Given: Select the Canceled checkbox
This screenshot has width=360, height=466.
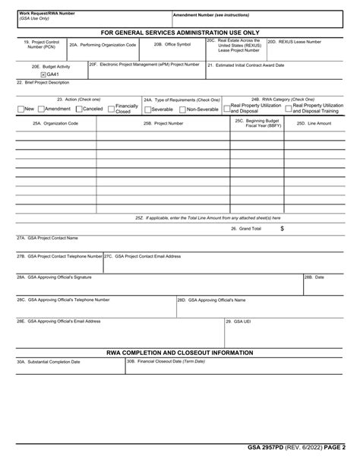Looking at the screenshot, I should click(80, 109).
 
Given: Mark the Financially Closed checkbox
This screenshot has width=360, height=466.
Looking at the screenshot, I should click(111, 109).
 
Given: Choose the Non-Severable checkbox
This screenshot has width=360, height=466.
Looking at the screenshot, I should click(183, 109).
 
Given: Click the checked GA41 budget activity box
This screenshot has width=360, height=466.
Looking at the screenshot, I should click(43, 74).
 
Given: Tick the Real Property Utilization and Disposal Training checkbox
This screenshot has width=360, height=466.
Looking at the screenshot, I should click(289, 108).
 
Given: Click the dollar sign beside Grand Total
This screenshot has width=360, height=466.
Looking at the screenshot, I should click(283, 228).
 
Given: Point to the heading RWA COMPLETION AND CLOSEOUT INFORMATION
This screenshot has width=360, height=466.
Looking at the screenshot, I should click(179, 353).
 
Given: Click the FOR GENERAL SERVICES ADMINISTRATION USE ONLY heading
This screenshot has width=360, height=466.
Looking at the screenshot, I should click(180, 33).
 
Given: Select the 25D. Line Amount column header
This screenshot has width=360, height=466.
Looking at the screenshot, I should click(314, 122).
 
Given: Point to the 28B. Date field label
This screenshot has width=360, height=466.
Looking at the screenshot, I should click(314, 277).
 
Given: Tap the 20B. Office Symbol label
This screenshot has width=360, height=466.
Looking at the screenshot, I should click(172, 45).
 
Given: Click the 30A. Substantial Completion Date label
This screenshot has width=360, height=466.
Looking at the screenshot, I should click(49, 362).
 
